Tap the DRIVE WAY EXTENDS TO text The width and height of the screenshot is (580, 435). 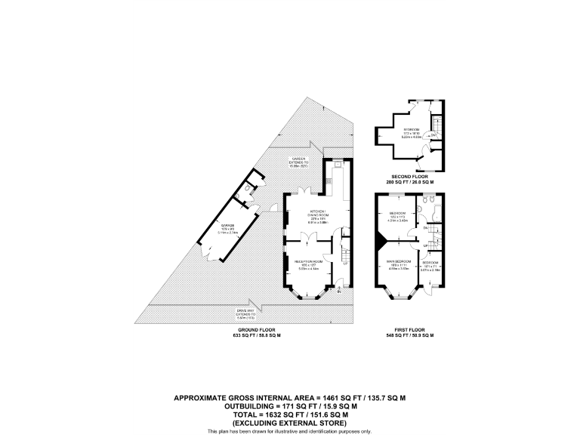point(306,315)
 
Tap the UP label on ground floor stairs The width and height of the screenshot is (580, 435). point(346,263)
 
